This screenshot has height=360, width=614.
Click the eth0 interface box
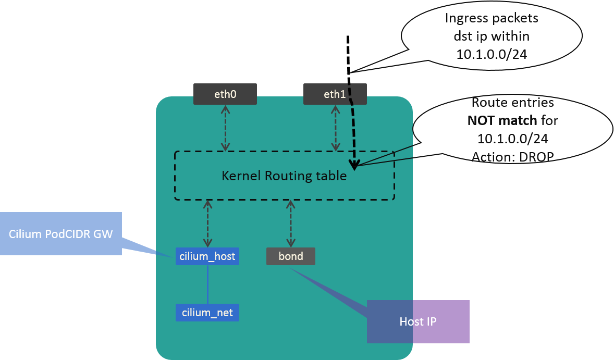(x=225, y=95)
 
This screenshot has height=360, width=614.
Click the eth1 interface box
(x=335, y=95)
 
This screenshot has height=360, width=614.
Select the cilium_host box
(x=207, y=256)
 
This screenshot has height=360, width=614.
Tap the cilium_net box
(x=207, y=313)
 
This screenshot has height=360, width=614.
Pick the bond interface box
(x=291, y=256)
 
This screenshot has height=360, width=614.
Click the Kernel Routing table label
(x=284, y=176)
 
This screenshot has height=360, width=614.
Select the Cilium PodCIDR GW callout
(x=60, y=234)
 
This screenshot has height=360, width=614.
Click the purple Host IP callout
(x=418, y=321)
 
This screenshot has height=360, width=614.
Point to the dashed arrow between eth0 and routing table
(x=225, y=128)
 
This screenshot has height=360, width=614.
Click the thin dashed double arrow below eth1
(x=334, y=128)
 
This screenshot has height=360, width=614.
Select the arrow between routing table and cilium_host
(x=208, y=224)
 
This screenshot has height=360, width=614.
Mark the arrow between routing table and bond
(x=290, y=224)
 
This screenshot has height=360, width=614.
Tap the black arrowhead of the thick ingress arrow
(x=354, y=166)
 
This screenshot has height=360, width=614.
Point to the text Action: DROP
(x=512, y=156)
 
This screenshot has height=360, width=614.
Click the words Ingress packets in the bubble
(x=492, y=19)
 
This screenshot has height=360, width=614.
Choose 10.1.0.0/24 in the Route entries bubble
(x=512, y=139)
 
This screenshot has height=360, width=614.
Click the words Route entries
(x=512, y=103)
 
